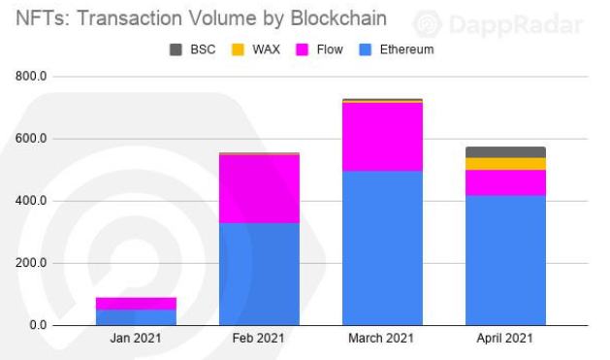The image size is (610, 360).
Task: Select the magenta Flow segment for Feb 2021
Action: coord(259,188)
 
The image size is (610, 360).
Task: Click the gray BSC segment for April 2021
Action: coord(505,152)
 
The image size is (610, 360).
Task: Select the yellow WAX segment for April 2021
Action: coord(505,164)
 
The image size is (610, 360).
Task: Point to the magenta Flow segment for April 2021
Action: coord(505,182)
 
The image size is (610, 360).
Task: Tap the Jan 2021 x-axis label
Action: coord(136,339)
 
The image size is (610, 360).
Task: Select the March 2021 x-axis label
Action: coord(382,339)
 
